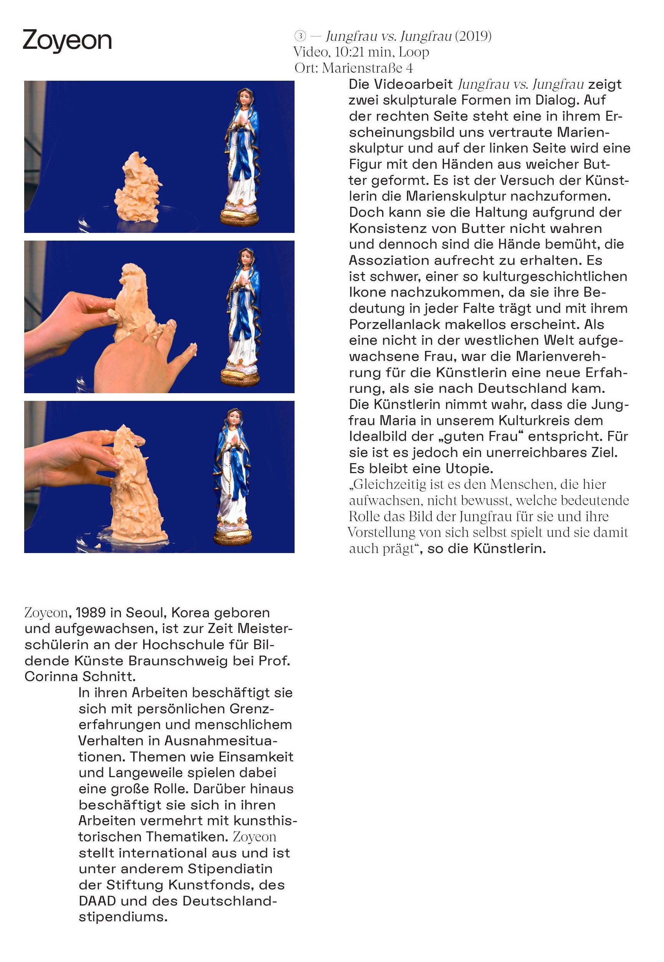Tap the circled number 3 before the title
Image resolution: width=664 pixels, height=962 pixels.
(300, 37)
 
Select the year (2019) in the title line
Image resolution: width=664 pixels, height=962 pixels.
(473, 37)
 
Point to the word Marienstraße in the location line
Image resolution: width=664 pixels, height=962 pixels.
(363, 68)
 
